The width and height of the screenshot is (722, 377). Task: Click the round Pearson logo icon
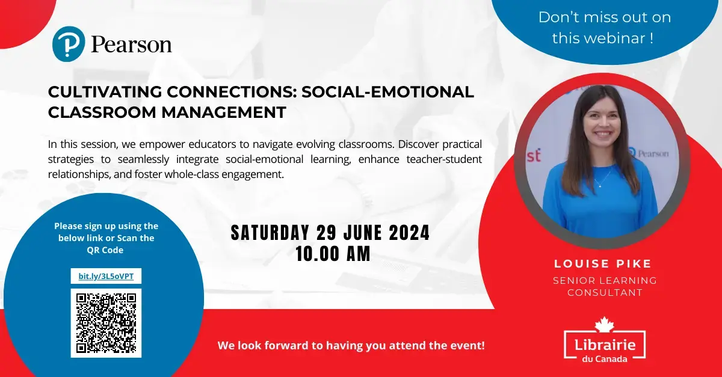[69, 44]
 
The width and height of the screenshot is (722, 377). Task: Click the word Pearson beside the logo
[132, 44]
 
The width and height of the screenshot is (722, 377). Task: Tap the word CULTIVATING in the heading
[105, 92]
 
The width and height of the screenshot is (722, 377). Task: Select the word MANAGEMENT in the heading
[224, 112]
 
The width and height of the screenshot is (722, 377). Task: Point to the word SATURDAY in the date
[270, 233]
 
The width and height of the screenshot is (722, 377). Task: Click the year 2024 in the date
[409, 233]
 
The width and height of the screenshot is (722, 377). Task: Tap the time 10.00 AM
[333, 254]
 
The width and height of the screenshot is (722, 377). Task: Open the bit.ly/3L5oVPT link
[106, 276]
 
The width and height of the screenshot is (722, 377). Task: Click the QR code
[106, 323]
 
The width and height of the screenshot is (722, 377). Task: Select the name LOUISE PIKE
[603, 263]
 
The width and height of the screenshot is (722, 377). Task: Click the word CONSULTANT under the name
[605, 293]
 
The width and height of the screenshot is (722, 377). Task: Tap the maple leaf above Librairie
[605, 324]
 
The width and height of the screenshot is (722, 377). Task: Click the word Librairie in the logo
[605, 345]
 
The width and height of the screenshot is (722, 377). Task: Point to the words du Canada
[605, 358]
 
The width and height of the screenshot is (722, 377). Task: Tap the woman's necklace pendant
[600, 186]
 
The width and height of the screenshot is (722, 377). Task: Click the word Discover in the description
[418, 144]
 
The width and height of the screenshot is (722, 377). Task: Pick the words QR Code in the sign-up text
[105, 250]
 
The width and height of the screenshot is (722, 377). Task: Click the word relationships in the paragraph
[79, 174]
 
